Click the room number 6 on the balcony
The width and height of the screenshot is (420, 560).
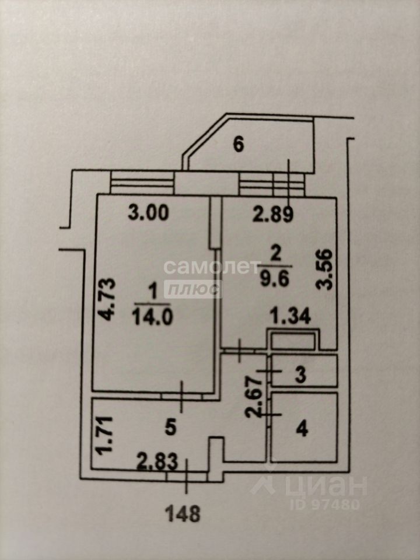tap(238, 145)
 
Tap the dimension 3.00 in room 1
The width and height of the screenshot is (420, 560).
tap(148, 213)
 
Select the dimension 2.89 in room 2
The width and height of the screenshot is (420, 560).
tap(273, 215)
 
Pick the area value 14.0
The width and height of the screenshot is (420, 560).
tap(152, 317)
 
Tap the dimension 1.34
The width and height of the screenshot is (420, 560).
tap(290, 316)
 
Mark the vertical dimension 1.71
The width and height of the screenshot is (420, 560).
tap(106, 435)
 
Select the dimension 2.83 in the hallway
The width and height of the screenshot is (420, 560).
tap(157, 462)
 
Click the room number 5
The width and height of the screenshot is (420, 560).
tap(171, 428)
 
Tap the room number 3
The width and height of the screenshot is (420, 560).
tap(301, 375)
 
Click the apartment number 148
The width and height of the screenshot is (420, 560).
tap(183, 514)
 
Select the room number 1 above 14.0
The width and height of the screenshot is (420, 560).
tap(152, 293)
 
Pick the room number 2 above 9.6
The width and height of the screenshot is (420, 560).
tap(276, 255)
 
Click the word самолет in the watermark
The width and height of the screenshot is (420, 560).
tap(212, 267)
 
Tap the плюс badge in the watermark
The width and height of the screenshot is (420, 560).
tap(193, 289)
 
